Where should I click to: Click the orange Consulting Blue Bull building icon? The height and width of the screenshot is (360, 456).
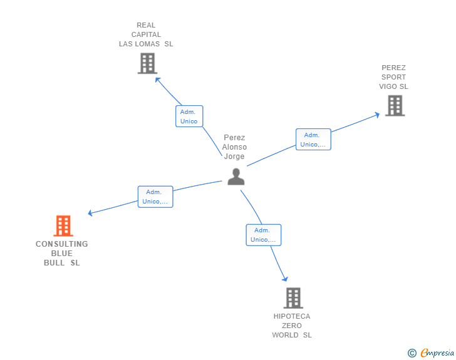tap(63, 225)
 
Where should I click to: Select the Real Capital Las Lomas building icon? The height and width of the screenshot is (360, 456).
tap(147, 63)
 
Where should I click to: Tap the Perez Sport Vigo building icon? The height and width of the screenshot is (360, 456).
tap(395, 106)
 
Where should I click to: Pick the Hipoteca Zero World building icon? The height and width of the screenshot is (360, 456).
tap(293, 298)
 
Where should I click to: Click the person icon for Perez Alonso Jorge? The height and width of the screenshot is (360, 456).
tap(236, 177)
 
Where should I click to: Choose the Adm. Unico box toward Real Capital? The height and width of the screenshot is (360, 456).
tap(189, 116)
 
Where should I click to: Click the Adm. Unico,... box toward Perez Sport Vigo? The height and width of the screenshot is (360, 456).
tap(313, 139)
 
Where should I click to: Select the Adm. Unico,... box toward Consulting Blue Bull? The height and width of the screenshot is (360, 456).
tap(155, 197)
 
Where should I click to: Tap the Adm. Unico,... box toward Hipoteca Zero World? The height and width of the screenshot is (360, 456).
tap(264, 235)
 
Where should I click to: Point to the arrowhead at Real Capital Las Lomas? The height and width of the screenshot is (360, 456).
tap(157, 80)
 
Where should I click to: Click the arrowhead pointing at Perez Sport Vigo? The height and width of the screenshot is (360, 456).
tap(378, 115)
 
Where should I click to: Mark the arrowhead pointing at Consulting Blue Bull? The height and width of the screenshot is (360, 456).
tap(90, 213)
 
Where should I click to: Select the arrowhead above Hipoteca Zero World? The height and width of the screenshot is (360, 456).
tap(286, 279)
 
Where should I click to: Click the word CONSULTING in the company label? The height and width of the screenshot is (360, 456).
tap(61, 244)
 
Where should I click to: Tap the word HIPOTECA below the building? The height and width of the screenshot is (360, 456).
tap(292, 316)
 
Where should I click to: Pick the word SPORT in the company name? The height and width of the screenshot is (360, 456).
tap(393, 77)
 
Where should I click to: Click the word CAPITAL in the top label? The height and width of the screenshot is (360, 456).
tap(146, 34)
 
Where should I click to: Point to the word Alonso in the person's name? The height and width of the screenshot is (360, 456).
tap(234, 147)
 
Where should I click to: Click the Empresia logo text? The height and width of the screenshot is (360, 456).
tap(437, 352)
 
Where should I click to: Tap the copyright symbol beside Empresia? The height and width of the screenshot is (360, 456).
tap(412, 353)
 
